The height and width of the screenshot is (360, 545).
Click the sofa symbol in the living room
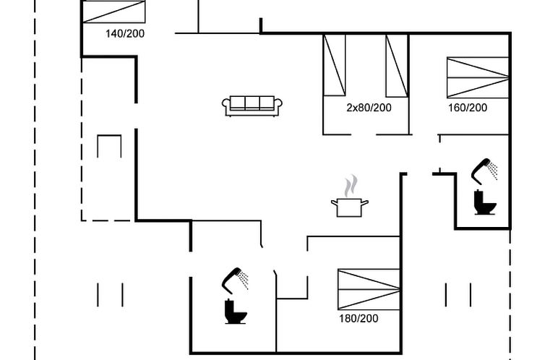tap(252, 106)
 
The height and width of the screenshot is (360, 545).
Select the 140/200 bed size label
tap(125, 33)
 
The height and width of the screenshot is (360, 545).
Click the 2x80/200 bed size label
tap(369, 108)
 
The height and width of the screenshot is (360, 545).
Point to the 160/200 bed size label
tap(468, 108)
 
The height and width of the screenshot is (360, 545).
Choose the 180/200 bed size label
tap(359, 318)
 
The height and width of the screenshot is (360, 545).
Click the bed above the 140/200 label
tap(114, 12)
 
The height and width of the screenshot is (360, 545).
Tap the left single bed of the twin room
tap(334, 65)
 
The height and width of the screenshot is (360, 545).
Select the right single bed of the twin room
tap(397, 65)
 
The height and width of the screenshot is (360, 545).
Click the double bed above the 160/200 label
tap(478, 77)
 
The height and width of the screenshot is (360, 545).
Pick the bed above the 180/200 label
tap(369, 289)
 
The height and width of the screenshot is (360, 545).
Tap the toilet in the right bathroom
tap(484, 202)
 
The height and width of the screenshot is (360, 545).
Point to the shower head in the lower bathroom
tap(235, 278)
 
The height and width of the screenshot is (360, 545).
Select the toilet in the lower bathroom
tap(236, 312)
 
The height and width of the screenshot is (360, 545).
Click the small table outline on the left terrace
tap(109, 145)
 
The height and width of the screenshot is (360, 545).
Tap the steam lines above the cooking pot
tap(351, 185)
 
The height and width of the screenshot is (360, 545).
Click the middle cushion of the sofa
tap(252, 103)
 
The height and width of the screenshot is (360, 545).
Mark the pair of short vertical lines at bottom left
tap(110, 294)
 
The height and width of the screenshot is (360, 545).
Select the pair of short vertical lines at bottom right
tap(458, 294)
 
